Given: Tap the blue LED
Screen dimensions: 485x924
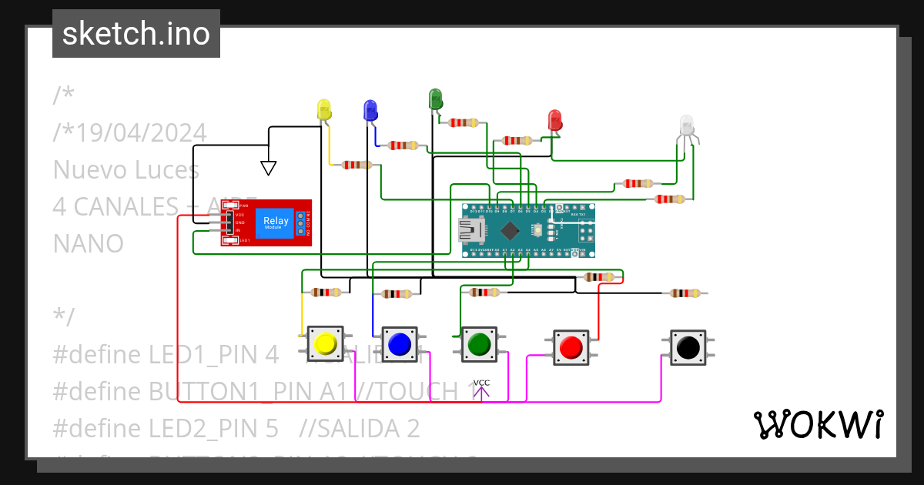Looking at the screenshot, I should point(370,110).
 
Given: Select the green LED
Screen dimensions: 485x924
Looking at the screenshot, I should point(435,99).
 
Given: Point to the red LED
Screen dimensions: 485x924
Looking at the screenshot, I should point(554,120).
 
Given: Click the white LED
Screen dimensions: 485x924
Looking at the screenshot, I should point(686,125).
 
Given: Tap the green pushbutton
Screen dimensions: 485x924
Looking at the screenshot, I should point(479,343).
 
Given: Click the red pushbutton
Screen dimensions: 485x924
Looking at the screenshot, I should point(571,347).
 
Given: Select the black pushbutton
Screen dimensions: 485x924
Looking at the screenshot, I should point(687,347).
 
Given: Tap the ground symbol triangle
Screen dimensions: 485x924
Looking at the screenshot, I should point(268,167).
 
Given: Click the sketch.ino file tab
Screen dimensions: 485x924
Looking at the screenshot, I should point(136,34).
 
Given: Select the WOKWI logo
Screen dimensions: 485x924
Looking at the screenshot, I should point(818,424).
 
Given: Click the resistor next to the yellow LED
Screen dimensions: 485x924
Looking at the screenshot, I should point(356,165).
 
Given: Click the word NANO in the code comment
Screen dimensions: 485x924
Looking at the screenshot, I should point(89,243).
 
